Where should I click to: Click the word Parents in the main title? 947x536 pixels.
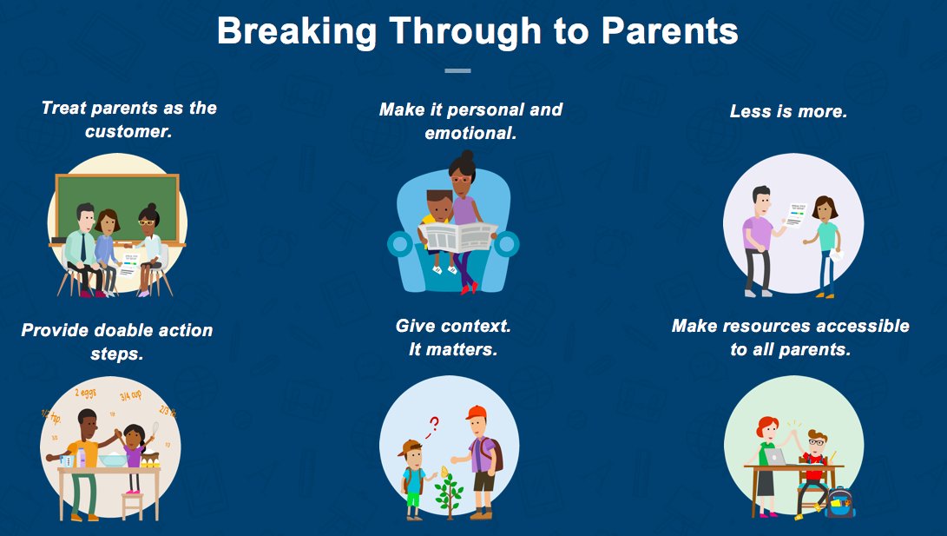tap(670, 30)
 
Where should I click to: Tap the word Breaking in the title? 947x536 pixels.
tap(297, 31)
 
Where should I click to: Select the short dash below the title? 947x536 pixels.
tap(457, 70)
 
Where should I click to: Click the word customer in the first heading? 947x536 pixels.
tap(128, 131)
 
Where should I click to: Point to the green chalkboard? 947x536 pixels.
tap(117, 206)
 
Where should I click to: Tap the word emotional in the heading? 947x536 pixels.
tap(470, 133)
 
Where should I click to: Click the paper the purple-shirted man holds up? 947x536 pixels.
tap(796, 215)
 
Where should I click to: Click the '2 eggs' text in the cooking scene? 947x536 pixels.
tap(86, 394)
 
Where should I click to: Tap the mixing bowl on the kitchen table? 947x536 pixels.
tap(113, 460)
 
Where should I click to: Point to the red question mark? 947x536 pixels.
tap(432, 426)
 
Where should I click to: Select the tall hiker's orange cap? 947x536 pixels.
tap(476, 413)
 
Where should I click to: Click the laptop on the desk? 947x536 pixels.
tap(774, 457)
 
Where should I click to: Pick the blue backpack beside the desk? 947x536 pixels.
tap(839, 502)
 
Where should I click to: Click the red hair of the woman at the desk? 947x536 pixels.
tap(766, 426)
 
